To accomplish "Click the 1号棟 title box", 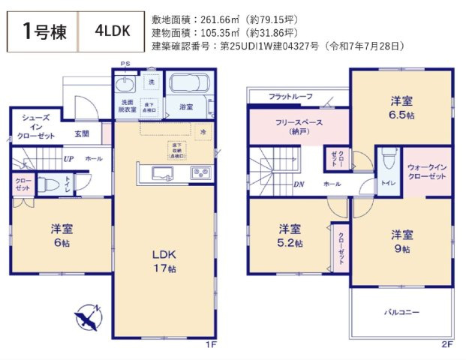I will click(43, 31).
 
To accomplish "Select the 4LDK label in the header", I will click(113, 31).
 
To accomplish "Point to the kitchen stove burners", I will click(200, 172).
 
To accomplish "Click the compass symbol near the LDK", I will click(89, 318).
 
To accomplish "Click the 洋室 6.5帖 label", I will click(400, 107).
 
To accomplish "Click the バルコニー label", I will click(401, 310).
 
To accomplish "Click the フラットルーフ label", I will click(290, 97).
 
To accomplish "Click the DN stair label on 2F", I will click(298, 184).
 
